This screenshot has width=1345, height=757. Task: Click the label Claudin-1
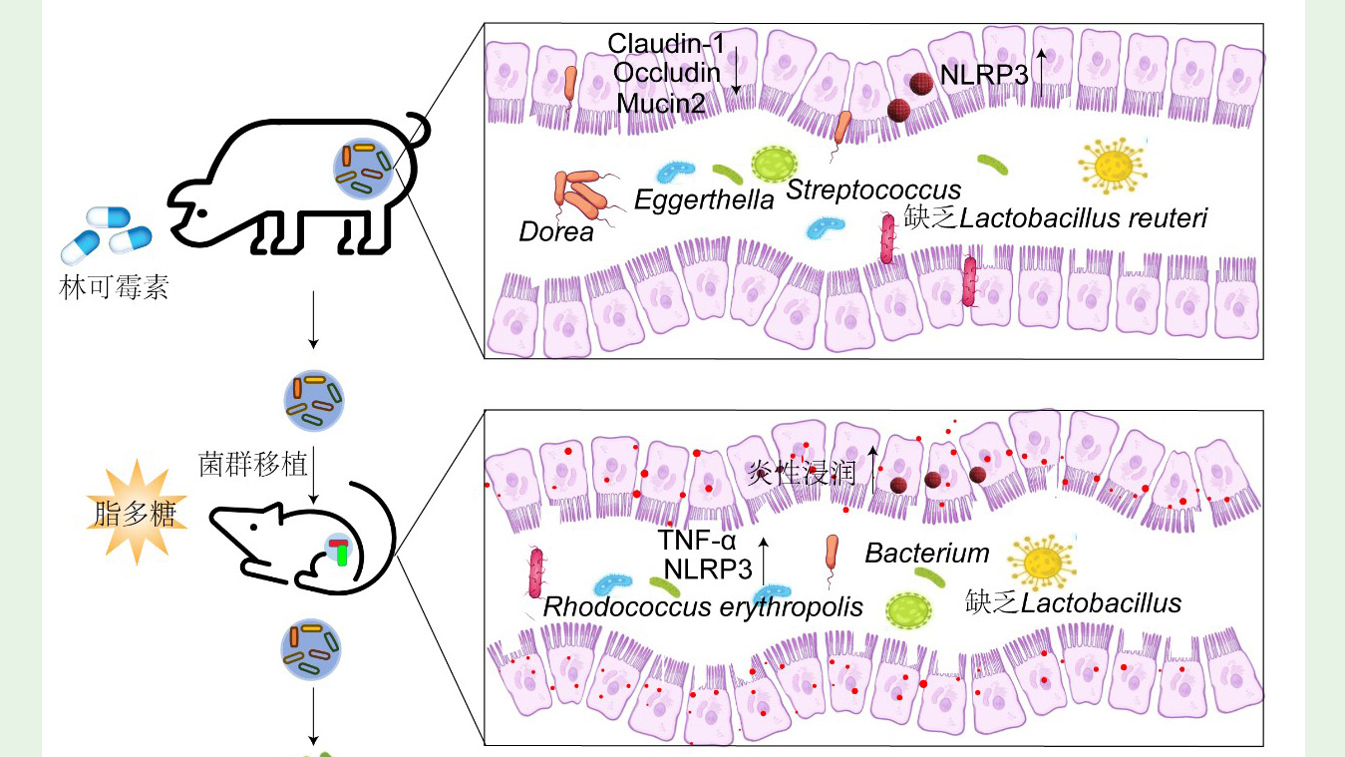(666, 43)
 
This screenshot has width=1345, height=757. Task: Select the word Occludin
(666, 72)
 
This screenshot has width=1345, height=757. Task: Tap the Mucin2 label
(661, 102)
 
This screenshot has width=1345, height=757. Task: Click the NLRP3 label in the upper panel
(983, 74)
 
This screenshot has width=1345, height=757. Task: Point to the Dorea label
(555, 232)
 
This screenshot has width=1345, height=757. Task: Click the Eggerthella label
(704, 200)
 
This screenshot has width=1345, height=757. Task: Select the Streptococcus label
(873, 189)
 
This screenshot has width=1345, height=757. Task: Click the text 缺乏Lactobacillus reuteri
(1056, 217)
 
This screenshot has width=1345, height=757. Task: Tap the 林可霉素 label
(114, 289)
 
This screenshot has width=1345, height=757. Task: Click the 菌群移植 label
(252, 463)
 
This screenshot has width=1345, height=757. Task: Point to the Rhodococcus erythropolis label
(703, 606)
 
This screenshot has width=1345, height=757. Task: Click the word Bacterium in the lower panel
(927, 553)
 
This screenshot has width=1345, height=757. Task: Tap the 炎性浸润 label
(803, 472)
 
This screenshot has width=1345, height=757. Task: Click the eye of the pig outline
(202, 213)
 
